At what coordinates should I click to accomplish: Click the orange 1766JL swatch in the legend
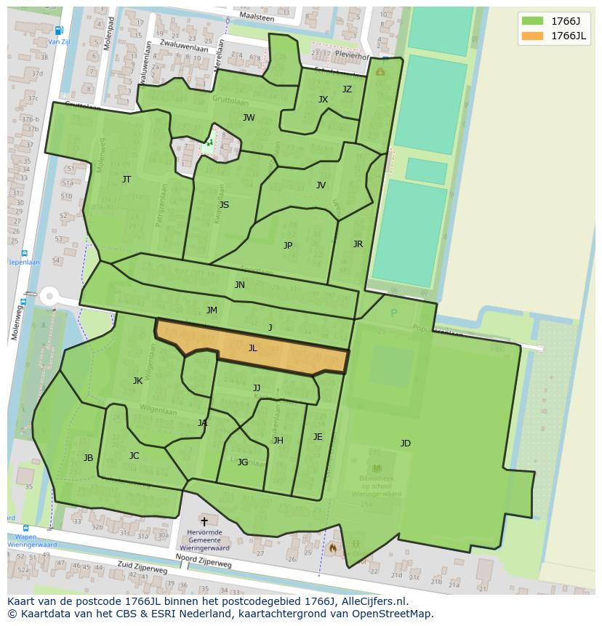(x=534, y=36)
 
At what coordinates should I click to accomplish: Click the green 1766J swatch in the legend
(x=534, y=21)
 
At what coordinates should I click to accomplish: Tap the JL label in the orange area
(x=253, y=348)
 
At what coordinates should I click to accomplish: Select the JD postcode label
(x=405, y=444)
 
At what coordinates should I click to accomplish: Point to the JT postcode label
(x=127, y=179)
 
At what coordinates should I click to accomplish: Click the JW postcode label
(x=249, y=118)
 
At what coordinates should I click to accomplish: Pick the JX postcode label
(x=323, y=100)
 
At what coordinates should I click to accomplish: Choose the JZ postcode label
(x=347, y=89)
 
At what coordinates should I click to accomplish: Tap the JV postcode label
(x=321, y=185)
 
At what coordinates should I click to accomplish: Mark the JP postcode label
(x=288, y=246)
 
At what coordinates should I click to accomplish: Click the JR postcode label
(x=358, y=244)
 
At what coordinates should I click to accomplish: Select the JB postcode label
(x=88, y=458)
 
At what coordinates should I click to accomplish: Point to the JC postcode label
(x=134, y=456)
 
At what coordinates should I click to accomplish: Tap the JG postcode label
(x=243, y=462)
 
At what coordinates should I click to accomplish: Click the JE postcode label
(x=318, y=437)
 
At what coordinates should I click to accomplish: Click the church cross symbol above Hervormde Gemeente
(x=204, y=521)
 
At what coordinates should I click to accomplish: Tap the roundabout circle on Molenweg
(x=49, y=297)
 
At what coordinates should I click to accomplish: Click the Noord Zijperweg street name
(x=204, y=558)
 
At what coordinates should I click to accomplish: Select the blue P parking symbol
(x=394, y=313)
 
